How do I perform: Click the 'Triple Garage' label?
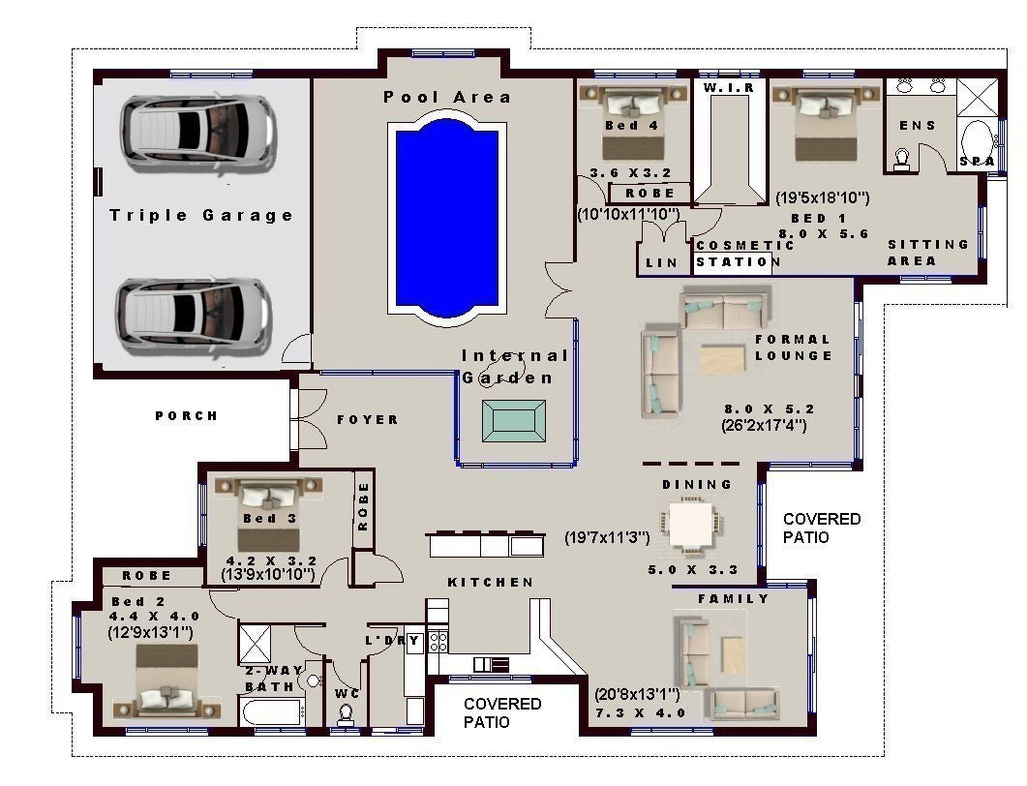[x=201, y=215]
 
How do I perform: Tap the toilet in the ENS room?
[x=901, y=159]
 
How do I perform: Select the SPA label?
[x=977, y=161]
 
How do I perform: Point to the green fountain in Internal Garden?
[x=514, y=420]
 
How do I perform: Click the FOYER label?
[x=368, y=419]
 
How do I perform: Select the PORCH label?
[x=187, y=415]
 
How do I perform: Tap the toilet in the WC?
[x=346, y=713]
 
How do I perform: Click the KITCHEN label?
[x=490, y=582]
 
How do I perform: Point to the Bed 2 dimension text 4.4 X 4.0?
[x=154, y=616]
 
